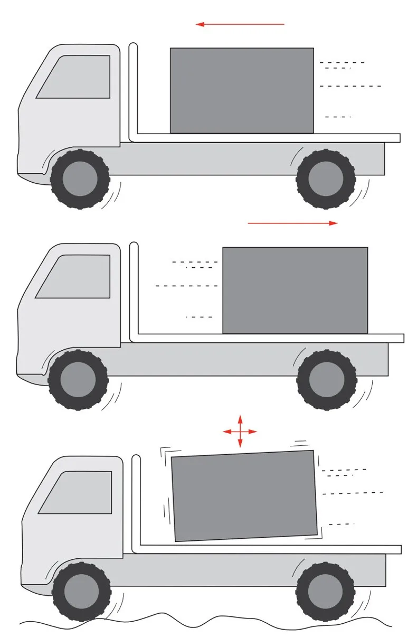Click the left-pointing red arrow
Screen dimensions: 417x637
point(240,24)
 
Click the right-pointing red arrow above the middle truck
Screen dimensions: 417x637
point(292,223)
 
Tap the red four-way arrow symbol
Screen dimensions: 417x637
point(240,432)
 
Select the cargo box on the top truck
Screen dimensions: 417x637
point(242,90)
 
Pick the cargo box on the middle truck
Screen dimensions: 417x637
point(295,290)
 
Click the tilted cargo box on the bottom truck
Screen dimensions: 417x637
point(244,495)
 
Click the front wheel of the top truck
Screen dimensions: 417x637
point(80,179)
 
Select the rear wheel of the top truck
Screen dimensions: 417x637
point(325,179)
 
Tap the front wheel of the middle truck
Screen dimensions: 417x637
point(78,379)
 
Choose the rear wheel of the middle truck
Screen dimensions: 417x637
point(326,379)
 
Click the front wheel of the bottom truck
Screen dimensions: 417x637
point(81,591)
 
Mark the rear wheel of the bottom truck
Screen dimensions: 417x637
point(325,591)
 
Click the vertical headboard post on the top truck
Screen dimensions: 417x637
point(133,90)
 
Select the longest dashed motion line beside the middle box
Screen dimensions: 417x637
point(187,286)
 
